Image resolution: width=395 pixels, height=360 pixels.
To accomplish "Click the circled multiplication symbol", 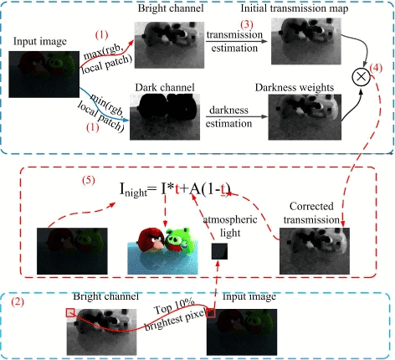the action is pyautogui.click(x=361, y=76).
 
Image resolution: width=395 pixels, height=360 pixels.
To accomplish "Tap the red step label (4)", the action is pyautogui.click(x=376, y=68).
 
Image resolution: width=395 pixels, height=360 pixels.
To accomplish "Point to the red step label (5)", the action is pyautogui.click(x=89, y=180).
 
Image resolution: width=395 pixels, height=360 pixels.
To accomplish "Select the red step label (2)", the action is pyautogui.click(x=18, y=302).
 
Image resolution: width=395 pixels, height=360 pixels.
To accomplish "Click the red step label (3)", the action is pyautogui.click(x=247, y=24).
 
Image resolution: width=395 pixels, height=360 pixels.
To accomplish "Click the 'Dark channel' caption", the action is pyautogui.click(x=165, y=87).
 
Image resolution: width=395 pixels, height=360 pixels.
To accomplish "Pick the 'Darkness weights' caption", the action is pyautogui.click(x=295, y=87).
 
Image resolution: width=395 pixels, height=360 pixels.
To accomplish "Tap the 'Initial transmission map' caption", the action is pyautogui.click(x=295, y=8).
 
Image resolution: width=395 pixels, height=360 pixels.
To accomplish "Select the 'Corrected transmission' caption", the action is pyautogui.click(x=311, y=213).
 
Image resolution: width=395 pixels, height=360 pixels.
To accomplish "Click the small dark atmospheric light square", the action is pyautogui.click(x=219, y=251).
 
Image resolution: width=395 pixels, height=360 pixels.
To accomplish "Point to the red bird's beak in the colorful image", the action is pyautogui.click(x=159, y=244).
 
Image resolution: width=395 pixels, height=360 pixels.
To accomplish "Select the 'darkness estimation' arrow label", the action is pyautogui.click(x=228, y=116).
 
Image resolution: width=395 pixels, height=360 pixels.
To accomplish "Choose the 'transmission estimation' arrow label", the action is pyautogui.click(x=234, y=41).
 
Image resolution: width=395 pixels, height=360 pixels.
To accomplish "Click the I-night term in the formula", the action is pyautogui.click(x=133, y=189).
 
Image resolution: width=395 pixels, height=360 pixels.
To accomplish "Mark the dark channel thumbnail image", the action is pyautogui.click(x=165, y=116).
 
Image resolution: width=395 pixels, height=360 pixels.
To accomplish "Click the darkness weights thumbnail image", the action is pyautogui.click(x=305, y=117).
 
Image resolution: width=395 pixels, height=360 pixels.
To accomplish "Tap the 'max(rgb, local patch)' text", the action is pyautogui.click(x=106, y=59).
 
